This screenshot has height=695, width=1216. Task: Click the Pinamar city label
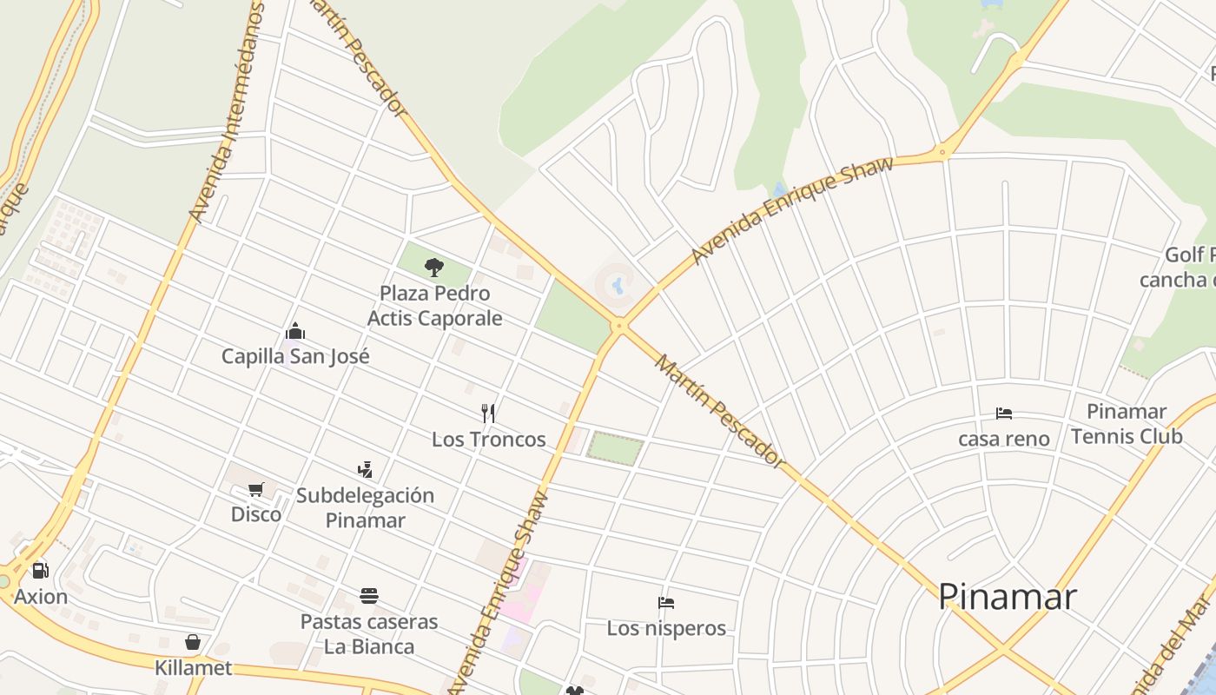pos(1007,596)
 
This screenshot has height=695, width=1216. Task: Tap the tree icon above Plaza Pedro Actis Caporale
pos(434,267)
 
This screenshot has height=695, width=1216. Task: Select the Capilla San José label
pos(295,356)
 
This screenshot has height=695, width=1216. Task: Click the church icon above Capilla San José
pos(295,331)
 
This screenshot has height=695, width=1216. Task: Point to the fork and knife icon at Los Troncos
pos(488,414)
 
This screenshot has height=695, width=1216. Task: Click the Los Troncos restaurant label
pos(488,440)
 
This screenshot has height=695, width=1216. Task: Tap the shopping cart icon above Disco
pos(255,489)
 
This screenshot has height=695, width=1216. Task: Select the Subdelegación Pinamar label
pos(365,507)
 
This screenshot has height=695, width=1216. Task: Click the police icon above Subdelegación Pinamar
pos(365,470)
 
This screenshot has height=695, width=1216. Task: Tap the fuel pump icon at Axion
pos(40,571)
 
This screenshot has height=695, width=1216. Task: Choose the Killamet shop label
pos(193,668)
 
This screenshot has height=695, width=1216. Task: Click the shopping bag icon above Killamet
pos(193,643)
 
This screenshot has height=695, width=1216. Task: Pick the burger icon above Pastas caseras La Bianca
pos(369,596)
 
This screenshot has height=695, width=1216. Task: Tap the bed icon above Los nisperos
pos(666,602)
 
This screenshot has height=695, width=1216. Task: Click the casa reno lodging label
pos(1003,439)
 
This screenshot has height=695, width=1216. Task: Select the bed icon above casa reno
pos(1004,414)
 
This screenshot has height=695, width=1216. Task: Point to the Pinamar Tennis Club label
pos(1126,423)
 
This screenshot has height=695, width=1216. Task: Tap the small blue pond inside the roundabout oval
pos(618,284)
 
